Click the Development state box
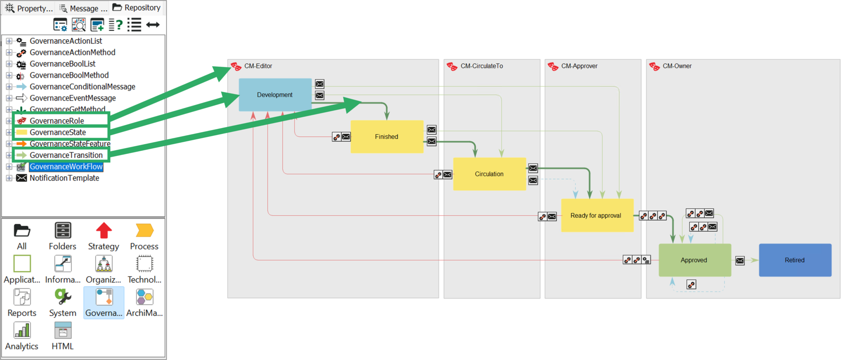(275, 95)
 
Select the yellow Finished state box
(386, 137)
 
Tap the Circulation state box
(489, 174)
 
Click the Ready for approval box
(596, 215)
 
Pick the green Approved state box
(694, 260)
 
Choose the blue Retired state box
(795, 260)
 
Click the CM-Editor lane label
(258, 66)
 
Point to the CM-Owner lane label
(677, 66)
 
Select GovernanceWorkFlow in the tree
(66, 167)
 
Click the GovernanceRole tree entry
(57, 121)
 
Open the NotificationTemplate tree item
(64, 178)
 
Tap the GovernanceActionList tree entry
(65, 41)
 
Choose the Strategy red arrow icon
(104, 231)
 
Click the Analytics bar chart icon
(22, 331)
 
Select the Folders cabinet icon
(63, 231)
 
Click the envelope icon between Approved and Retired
(740, 261)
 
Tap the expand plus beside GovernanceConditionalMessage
(9, 87)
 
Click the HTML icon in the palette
(63, 331)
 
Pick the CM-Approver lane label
(579, 66)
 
